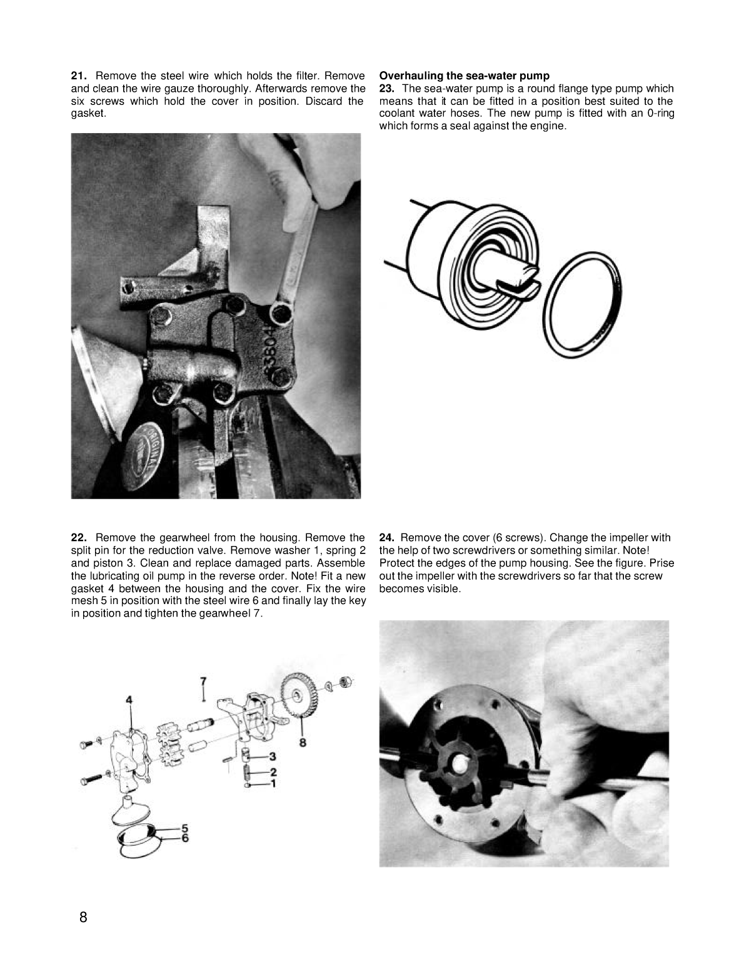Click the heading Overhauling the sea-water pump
(x=464, y=76)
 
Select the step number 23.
(x=386, y=89)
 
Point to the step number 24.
(x=386, y=538)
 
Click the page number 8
(x=83, y=918)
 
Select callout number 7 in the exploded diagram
(x=203, y=680)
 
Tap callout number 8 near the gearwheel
(x=303, y=743)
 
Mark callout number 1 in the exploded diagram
(x=273, y=782)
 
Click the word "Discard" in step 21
(x=329, y=101)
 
